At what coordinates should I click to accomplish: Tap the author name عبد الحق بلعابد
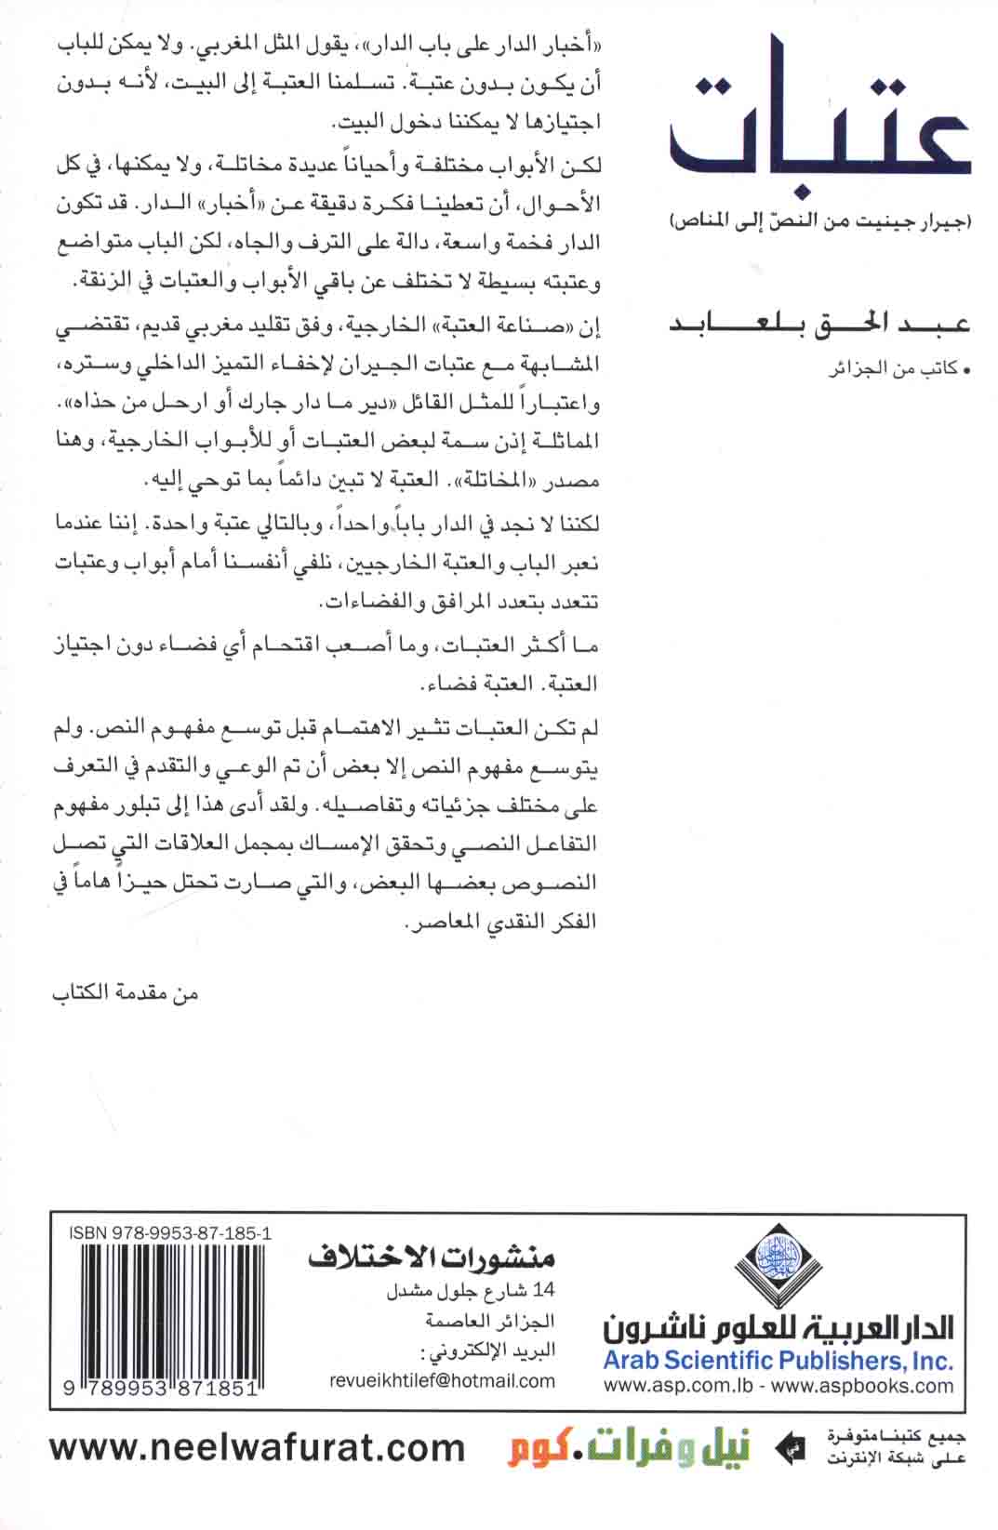click(x=819, y=324)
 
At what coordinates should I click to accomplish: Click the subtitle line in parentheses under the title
click(x=819, y=222)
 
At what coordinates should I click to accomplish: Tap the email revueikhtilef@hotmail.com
click(x=442, y=1381)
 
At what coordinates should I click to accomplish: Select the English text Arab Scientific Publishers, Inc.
click(x=778, y=1361)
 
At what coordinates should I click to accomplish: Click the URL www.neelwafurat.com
click(x=257, y=1448)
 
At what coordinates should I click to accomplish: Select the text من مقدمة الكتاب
click(x=126, y=992)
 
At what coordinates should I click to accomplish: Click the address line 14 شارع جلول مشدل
click(x=470, y=1291)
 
